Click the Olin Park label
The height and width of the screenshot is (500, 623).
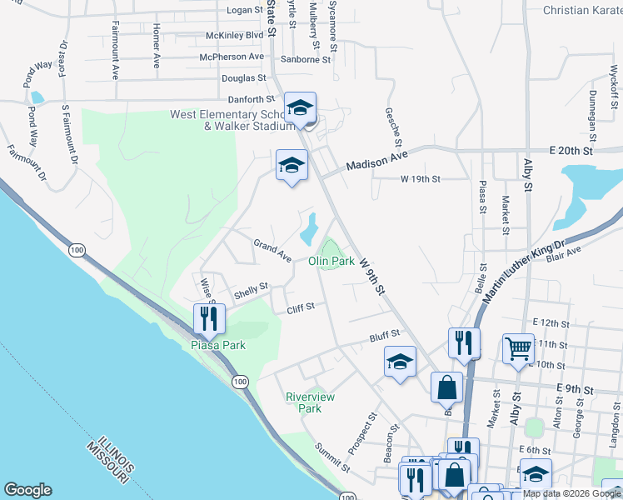(331, 261)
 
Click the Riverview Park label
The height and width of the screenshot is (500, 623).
(310, 402)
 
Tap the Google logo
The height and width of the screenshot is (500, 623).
(27, 490)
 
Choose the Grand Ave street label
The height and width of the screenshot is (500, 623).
(272, 249)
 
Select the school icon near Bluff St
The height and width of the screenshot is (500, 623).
(400, 361)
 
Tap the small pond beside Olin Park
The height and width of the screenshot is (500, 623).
(309, 223)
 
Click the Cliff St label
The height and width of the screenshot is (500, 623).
(300, 307)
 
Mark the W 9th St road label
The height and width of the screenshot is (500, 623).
(373, 276)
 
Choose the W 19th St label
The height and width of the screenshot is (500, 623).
(421, 178)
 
